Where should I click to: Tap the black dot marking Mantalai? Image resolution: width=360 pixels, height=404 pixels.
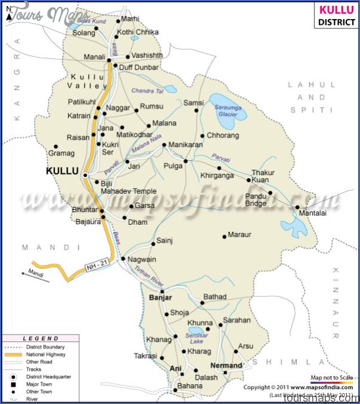[297, 207]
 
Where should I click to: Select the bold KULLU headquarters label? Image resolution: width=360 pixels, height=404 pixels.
[62, 171]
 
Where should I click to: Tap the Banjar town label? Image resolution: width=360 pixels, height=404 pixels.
[160, 298]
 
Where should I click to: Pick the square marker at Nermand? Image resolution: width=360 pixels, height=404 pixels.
[226, 372]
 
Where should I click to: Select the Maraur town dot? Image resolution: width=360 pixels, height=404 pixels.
[224, 236]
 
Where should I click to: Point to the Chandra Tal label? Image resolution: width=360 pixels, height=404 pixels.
[147, 91]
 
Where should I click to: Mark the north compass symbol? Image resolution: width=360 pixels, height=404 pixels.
[8, 12]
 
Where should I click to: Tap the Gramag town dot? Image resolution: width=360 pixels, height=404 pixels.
[56, 146]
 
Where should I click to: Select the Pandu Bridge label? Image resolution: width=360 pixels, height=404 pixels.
[256, 199]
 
